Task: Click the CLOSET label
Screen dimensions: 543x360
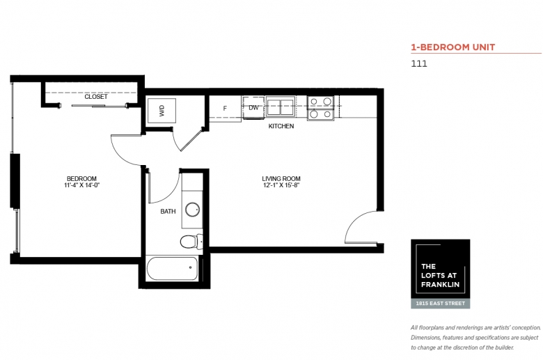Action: [96, 97]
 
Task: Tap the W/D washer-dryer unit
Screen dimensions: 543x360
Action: [162, 111]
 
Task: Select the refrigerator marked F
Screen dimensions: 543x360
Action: [225, 109]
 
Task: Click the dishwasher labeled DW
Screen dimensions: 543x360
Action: [253, 108]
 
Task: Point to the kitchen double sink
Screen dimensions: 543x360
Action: [281, 107]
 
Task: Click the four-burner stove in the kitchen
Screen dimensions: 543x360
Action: [321, 108]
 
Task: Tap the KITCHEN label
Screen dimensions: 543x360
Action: [281, 126]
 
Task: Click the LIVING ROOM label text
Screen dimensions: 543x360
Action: [281, 179]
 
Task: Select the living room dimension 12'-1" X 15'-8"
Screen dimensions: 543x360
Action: [281, 185]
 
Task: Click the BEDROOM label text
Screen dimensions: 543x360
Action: [81, 179]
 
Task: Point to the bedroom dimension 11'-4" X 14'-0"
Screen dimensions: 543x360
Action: [81, 185]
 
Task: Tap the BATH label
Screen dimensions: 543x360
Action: [168, 212]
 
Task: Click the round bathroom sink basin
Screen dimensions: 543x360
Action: [192, 210]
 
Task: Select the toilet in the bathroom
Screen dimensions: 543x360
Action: [191, 242]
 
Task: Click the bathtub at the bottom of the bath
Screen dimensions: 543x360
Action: [173, 268]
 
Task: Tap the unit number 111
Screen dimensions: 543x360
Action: [419, 64]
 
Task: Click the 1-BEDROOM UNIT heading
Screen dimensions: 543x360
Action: [453, 47]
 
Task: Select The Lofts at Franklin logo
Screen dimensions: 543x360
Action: [441, 269]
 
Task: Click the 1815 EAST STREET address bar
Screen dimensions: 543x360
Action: [441, 304]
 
